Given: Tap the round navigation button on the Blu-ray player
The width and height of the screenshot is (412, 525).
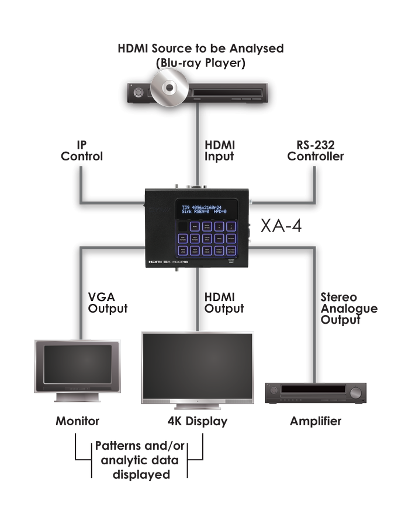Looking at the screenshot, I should coord(137,92).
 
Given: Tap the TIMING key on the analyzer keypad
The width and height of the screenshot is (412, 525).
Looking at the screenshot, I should coord(219,239).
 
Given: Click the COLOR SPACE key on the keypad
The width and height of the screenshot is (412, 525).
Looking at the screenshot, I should coord(207,239).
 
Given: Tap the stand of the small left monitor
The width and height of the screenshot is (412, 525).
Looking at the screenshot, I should coord(77,398).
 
